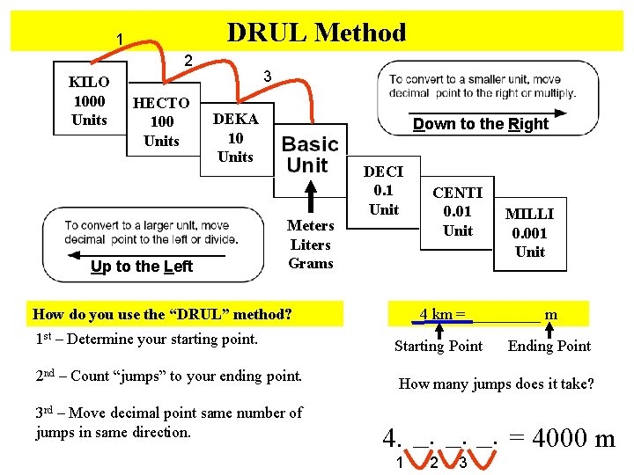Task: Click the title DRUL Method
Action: [x=316, y=33]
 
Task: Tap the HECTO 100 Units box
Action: [x=161, y=121]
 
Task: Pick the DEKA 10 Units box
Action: [x=235, y=138]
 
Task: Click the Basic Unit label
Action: [x=310, y=155]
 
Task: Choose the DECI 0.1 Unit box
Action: [x=383, y=191]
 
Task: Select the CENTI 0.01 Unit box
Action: [x=458, y=212]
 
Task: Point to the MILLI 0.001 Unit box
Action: [x=530, y=232]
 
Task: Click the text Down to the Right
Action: [x=480, y=124]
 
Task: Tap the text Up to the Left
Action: [x=142, y=267]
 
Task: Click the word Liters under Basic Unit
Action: [x=310, y=245]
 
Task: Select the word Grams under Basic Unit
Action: [x=311, y=263]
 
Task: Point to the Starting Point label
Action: [x=439, y=346]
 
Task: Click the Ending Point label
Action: [x=549, y=346]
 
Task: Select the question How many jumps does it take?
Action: [x=497, y=384]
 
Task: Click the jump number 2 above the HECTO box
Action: [x=187, y=60]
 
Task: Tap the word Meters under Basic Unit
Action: [x=310, y=226]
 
